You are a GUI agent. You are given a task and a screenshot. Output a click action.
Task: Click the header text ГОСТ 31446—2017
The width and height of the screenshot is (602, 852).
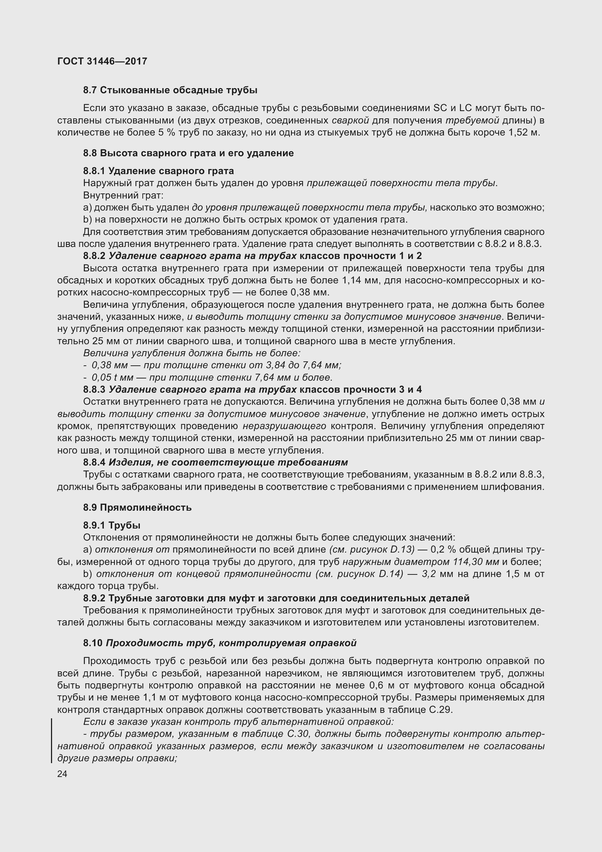102,61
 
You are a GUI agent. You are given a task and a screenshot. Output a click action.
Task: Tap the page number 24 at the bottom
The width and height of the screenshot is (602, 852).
62,774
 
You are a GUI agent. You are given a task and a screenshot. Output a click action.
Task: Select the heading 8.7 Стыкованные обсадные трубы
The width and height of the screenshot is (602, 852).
170,90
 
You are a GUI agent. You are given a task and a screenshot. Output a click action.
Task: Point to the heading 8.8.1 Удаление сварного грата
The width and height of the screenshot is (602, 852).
158,171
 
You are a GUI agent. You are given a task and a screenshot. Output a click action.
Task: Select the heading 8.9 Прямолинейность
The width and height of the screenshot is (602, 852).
137,507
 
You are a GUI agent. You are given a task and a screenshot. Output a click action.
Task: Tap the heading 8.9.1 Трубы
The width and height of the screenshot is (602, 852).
112,525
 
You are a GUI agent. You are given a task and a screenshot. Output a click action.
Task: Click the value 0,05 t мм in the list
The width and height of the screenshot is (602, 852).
113,377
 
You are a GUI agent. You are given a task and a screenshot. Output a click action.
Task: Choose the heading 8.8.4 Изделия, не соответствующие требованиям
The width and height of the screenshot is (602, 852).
215,462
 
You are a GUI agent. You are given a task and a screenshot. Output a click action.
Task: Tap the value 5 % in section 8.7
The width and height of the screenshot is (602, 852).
166,133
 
